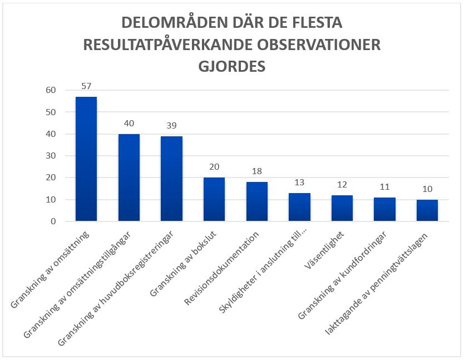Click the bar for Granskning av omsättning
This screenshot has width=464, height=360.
pos(86,159)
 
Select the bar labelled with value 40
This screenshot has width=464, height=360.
pos(129,177)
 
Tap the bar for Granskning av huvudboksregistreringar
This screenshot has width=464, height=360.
pos(171,179)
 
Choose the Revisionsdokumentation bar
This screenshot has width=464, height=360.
pos(256,201)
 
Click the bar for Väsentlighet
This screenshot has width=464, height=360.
pos(342,208)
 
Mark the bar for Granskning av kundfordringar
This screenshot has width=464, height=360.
pos(384,209)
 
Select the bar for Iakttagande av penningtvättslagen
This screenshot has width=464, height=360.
pos(427,210)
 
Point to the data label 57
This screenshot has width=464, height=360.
pos(86,86)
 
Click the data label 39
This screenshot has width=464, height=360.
pos(171,126)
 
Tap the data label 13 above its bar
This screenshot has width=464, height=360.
pos(299,183)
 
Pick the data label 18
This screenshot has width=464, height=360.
pos(256,171)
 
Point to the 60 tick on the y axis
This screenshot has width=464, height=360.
pos(51,90)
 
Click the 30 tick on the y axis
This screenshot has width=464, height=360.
pos(51,156)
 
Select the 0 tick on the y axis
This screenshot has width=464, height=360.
pos(53,221)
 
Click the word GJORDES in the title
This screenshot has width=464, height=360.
pos(232,66)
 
